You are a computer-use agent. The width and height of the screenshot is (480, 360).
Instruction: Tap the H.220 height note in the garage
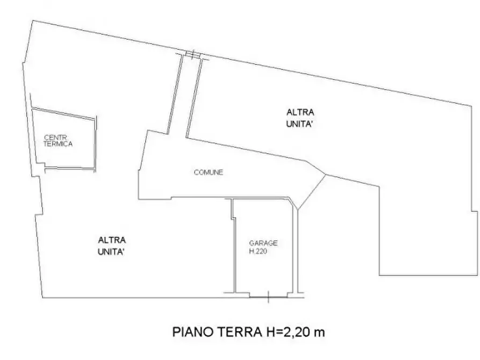[258, 250]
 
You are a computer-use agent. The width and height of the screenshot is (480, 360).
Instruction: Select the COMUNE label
[208, 172]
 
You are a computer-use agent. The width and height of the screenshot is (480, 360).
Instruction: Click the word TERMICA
[58, 145]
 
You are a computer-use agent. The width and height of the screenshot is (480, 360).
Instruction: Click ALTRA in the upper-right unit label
[300, 112]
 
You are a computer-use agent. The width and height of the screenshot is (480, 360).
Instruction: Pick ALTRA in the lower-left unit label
[112, 240]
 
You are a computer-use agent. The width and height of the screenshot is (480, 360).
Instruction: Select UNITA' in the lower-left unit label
[112, 251]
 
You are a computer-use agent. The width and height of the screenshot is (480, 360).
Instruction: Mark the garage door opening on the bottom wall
[268, 295]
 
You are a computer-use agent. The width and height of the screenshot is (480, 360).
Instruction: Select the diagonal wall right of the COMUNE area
[312, 190]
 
